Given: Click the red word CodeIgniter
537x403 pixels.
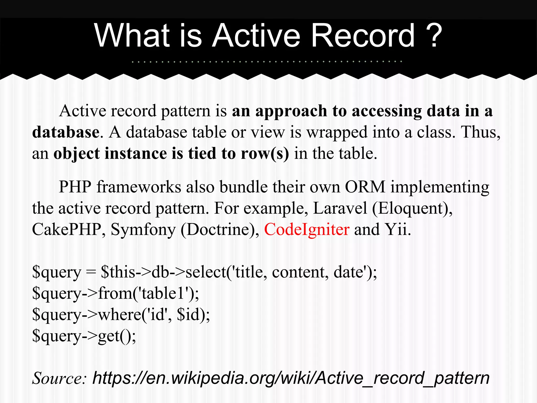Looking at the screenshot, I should pos(307,230).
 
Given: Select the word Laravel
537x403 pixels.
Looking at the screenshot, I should pos(340,209).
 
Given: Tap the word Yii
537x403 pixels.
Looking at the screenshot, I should pos(397,230).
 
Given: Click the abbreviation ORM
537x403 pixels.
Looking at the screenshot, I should pos(365,187).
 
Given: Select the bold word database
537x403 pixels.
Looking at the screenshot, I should pos(66,132).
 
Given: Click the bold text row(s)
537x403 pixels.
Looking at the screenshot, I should pos(265,153).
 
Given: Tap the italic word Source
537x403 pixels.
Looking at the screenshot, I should pos(59,379).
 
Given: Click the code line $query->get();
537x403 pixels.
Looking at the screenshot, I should pos(84,336).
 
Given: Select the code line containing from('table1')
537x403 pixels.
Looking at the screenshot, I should pos(115,293).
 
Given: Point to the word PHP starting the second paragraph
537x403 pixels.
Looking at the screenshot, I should pos(75,187).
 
